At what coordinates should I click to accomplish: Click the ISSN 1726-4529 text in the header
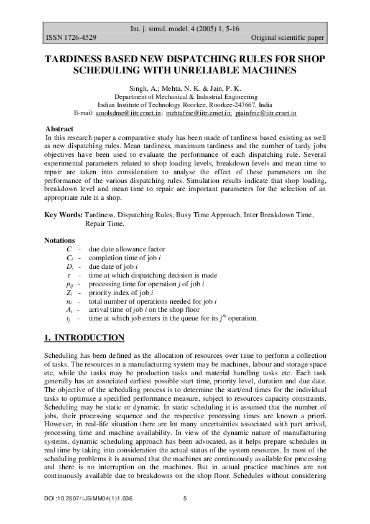tap(70, 38)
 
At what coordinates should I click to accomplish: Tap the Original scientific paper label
tap(288, 38)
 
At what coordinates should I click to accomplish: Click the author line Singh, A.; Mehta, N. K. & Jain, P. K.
tap(185, 89)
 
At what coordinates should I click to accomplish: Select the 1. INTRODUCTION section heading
tap(84, 338)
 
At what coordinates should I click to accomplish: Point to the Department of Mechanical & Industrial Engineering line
tap(185, 98)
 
